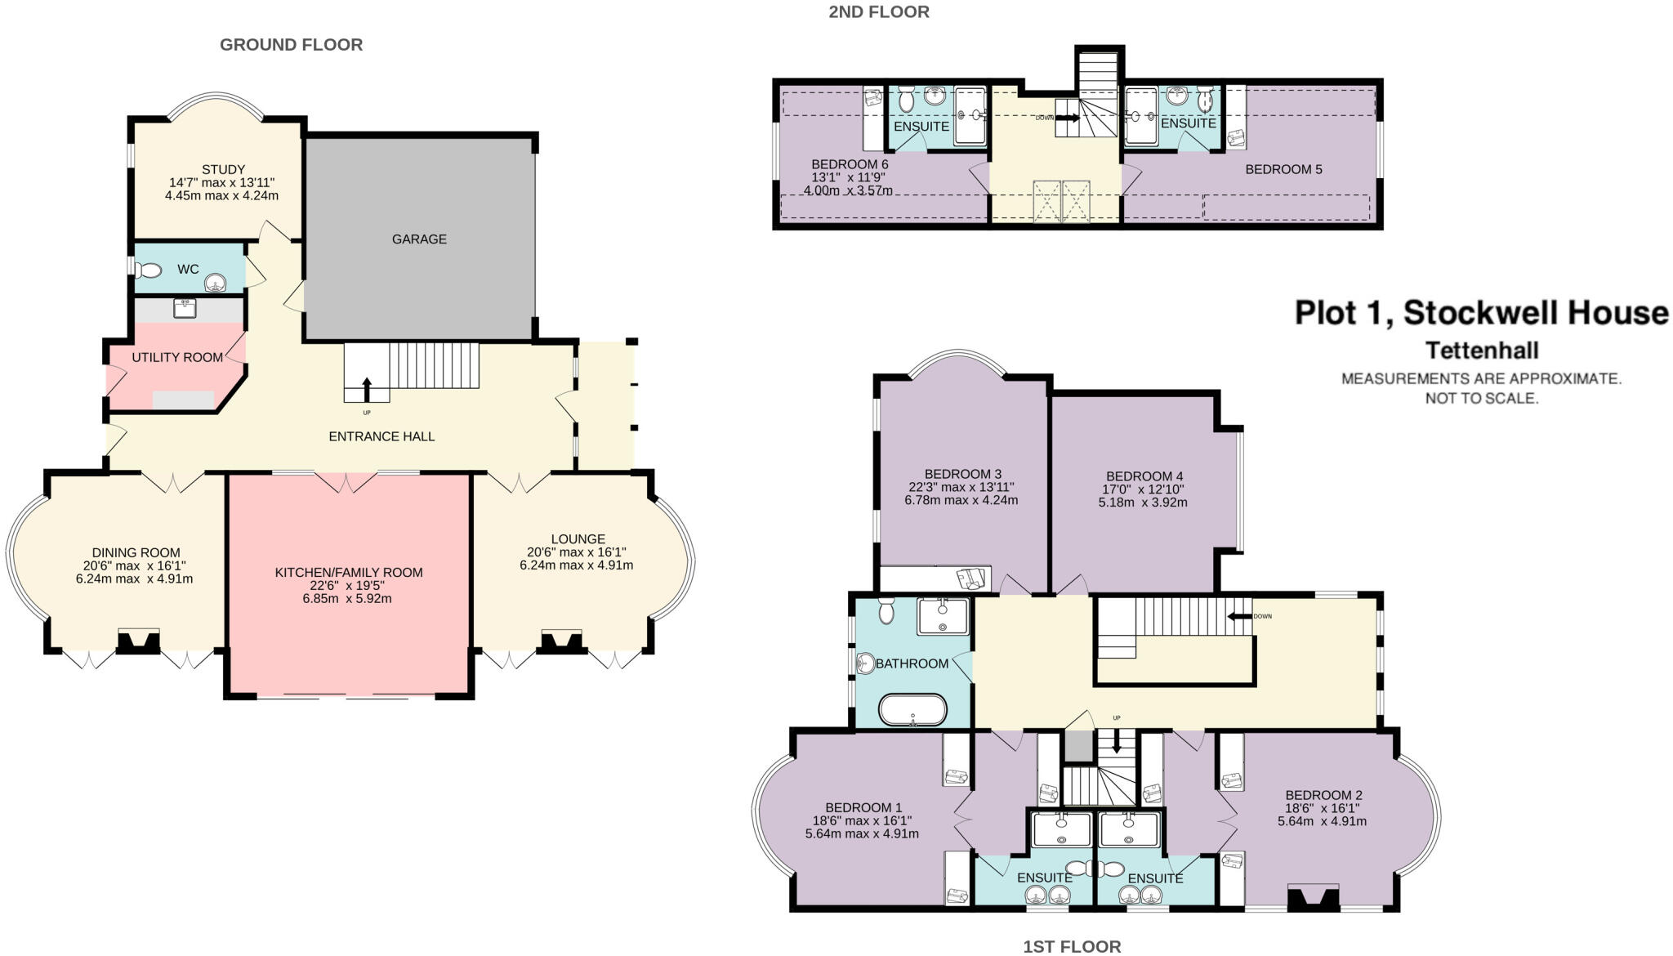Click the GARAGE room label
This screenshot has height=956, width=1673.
[x=419, y=239]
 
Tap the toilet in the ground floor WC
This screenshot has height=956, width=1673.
[x=148, y=270]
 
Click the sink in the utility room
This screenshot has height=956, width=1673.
[x=185, y=308]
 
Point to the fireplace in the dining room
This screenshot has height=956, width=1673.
[x=138, y=641]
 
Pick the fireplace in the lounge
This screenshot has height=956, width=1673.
[x=561, y=641]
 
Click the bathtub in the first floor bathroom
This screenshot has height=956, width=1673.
[x=912, y=710]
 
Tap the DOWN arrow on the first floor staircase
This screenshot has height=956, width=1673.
[x=1241, y=617]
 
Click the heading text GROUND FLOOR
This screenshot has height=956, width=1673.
[x=292, y=45]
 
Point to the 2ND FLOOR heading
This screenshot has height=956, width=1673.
[x=879, y=12]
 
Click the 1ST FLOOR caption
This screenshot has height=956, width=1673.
[x=1072, y=946]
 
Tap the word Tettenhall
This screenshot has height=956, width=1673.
[x=1482, y=351]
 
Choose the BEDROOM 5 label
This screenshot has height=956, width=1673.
[x=1283, y=170]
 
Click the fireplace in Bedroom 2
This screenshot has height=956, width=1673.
[x=1314, y=898]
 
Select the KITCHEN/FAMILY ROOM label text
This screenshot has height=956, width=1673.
[x=349, y=573]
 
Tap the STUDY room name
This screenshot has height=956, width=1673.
[x=224, y=170]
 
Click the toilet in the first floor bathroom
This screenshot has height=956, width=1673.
[x=887, y=610]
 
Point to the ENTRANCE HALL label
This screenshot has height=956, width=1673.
[x=381, y=437]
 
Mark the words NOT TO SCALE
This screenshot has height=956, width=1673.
[x=1482, y=399]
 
